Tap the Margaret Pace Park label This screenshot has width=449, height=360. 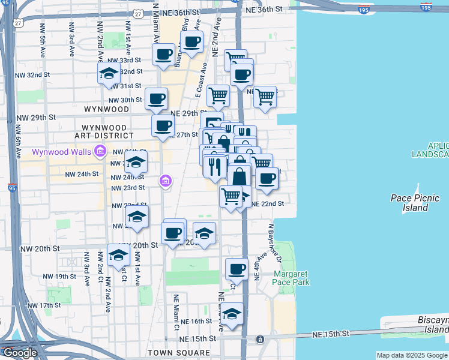pyautogui.click(x=291, y=277)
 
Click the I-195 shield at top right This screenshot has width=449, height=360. pyautogui.click(x=426, y=7)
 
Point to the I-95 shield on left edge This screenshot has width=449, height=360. pyautogui.click(x=13, y=187)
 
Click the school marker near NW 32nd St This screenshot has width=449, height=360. pyautogui.click(x=109, y=74)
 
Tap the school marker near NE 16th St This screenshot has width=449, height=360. pyautogui.click(x=232, y=314)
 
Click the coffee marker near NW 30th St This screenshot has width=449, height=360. pyautogui.click(x=156, y=98)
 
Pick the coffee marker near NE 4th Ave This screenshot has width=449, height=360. pyautogui.click(x=237, y=269)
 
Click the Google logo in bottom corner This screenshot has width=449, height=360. pyautogui.click(x=19, y=353)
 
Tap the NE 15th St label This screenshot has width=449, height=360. pyautogui.click(x=331, y=334)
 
